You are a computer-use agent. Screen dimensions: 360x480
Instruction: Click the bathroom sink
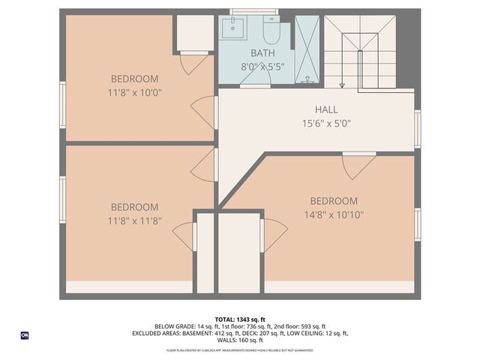click(233, 31)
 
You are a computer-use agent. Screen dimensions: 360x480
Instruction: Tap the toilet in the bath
click(271, 32)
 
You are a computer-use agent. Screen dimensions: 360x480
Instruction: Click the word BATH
click(262, 53)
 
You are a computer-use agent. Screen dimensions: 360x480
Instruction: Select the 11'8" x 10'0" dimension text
click(135, 92)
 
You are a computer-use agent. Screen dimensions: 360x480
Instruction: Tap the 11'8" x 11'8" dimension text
click(135, 220)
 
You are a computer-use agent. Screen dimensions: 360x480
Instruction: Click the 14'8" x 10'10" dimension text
click(334, 214)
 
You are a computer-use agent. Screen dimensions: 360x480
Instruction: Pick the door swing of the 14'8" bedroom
click(358, 165)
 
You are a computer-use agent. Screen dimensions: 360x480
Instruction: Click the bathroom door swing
click(256, 79)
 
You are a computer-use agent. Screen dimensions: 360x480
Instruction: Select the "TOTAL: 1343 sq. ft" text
click(240, 319)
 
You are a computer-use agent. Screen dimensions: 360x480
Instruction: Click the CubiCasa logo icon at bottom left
click(25, 335)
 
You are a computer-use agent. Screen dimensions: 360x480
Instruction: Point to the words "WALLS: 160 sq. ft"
click(240, 340)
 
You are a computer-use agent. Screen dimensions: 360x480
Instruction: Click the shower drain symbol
click(305, 79)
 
